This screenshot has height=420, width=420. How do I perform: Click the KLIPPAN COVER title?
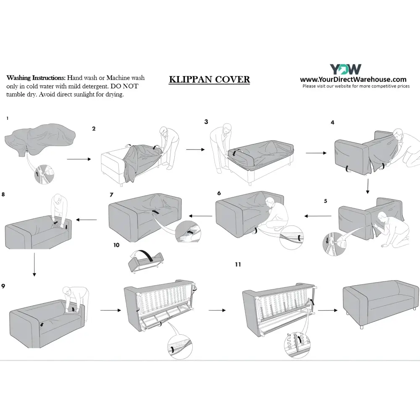[209, 80]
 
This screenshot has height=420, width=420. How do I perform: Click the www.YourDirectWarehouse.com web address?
[353, 79]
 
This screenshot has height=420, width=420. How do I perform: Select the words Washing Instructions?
[36, 78]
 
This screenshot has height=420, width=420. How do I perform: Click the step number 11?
[238, 265]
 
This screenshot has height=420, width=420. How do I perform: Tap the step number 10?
[116, 244]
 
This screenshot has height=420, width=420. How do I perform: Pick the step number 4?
[332, 123]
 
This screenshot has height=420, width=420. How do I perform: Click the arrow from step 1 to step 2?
[79, 159]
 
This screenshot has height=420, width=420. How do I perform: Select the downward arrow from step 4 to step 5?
[367, 186]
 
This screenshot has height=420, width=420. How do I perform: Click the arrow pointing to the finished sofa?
[328, 310]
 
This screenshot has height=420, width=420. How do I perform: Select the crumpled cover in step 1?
[40, 139]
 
